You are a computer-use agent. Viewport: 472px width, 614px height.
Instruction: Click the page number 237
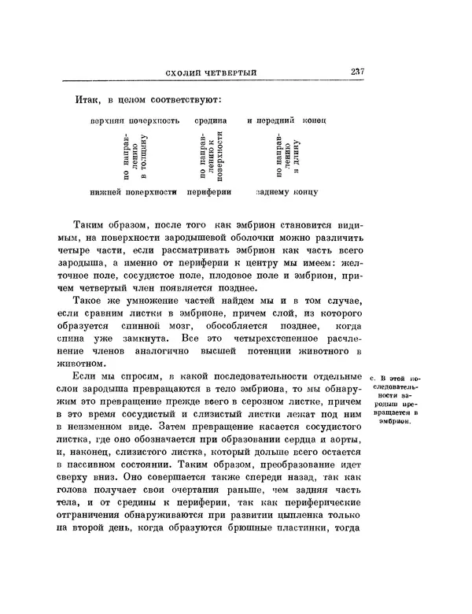[x=352, y=73]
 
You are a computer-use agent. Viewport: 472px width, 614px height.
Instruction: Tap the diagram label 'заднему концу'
[x=286, y=191]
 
